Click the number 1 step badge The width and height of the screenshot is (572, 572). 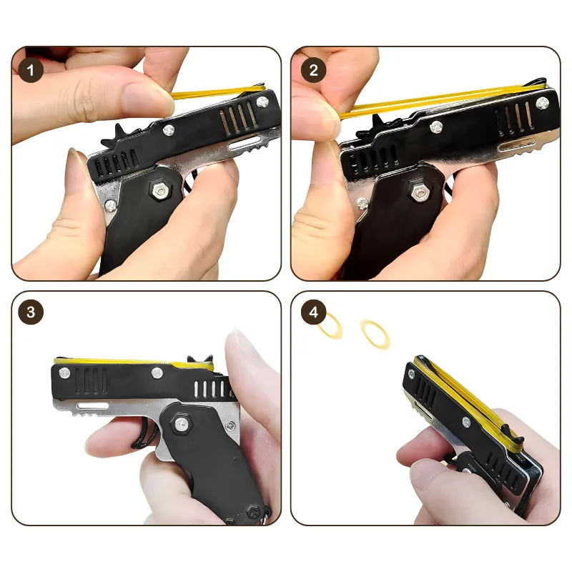click(x=30, y=70)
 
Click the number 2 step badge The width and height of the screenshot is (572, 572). click(x=313, y=70)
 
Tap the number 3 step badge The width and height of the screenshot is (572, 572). click(x=31, y=312)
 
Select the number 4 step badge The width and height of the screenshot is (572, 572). click(x=313, y=312)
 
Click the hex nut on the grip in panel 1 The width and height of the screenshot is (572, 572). click(x=159, y=190)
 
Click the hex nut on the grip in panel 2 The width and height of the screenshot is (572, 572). click(x=419, y=192)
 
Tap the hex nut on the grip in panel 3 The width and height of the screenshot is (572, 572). click(x=181, y=423)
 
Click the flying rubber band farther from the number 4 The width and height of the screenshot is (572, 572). click(x=374, y=335)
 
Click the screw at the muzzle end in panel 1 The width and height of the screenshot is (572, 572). click(x=262, y=102)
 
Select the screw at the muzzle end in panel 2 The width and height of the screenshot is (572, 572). click(x=542, y=103)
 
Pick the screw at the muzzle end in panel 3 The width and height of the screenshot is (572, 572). click(x=64, y=373)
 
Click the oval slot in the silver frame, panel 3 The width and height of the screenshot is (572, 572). click(x=93, y=406)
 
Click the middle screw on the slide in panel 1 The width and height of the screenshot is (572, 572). click(x=169, y=129)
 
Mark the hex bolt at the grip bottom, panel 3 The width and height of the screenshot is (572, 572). click(x=252, y=512)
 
